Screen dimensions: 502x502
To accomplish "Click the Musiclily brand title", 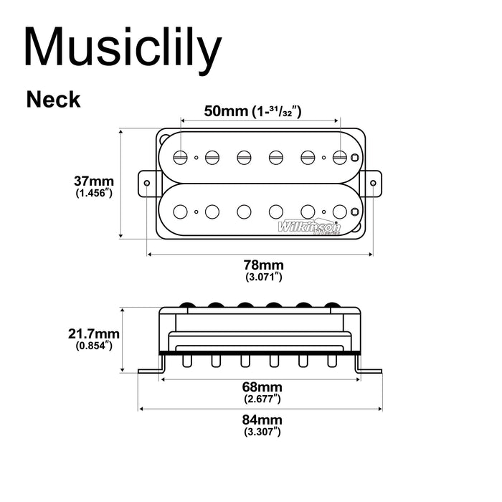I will (x=122, y=48).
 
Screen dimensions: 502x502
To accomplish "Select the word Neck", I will (x=54, y=99).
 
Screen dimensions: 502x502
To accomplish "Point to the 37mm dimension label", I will (x=94, y=180).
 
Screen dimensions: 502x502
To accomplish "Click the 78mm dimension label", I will (x=261, y=265).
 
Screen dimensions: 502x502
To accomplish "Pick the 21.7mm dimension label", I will (x=94, y=333).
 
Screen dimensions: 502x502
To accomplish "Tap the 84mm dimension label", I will (x=261, y=420).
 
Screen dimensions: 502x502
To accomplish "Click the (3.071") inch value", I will (x=261, y=276).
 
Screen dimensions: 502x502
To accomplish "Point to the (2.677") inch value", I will (x=261, y=398).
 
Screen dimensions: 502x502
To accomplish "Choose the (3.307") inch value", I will (x=261, y=431).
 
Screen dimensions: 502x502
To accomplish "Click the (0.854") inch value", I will (x=94, y=346).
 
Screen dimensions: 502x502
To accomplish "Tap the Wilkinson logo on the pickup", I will (x=309, y=227).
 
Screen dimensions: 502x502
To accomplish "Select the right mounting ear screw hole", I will (x=374, y=183).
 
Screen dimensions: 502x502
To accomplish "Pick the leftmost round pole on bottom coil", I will (x=181, y=211).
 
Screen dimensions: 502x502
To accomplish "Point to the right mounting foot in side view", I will (x=371, y=369).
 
